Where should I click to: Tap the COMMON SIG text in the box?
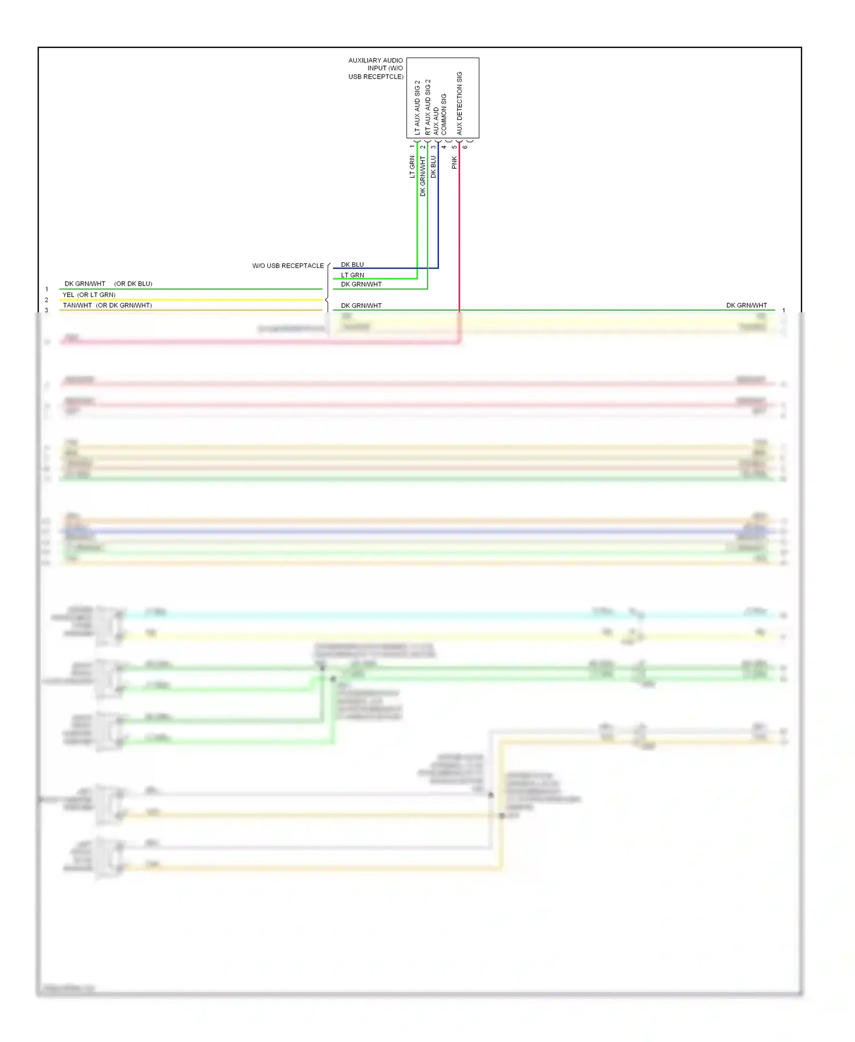pos(444,114)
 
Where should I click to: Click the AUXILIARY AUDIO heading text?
pos(375,60)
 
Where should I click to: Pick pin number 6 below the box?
pos(465,147)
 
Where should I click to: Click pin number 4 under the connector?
pos(444,147)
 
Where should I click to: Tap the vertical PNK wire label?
pos(454,162)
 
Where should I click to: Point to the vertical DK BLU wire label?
pos(433,166)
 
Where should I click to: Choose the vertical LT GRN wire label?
pos(412,166)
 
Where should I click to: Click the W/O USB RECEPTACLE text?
pos(288,266)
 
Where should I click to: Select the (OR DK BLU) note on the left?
pos(133,283)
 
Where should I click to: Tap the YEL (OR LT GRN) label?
pos(89,295)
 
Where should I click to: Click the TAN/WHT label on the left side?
pos(78,305)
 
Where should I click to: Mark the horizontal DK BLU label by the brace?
pos(352,264)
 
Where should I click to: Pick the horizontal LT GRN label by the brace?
pos(352,275)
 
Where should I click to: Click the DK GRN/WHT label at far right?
pos(746,305)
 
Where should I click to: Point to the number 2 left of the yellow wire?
pos(47,300)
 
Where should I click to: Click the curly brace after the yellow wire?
pos(327,299)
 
